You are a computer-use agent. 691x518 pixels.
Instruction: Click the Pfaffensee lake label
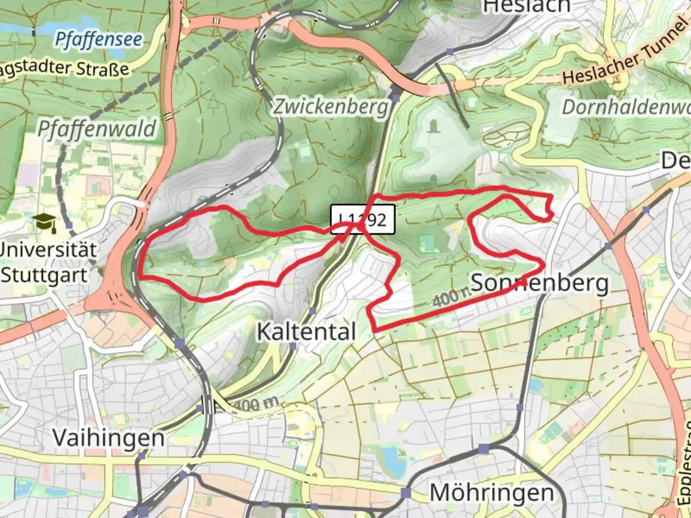point(98,39)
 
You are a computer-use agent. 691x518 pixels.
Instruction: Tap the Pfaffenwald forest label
point(97,129)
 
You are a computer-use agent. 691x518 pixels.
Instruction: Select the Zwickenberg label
point(331,106)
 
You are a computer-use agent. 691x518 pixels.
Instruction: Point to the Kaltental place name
point(307,331)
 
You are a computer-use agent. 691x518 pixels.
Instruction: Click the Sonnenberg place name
point(540,283)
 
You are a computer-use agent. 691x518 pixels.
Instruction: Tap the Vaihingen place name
point(108,437)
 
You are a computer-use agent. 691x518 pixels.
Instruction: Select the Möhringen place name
point(491,493)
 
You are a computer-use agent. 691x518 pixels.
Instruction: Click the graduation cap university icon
point(45,223)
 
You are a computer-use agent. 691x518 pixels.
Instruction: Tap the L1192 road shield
point(363,220)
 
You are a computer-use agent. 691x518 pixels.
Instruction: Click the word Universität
point(48,249)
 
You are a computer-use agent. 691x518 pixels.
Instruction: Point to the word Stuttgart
point(44,275)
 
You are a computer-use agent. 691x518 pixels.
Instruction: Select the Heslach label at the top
point(527,7)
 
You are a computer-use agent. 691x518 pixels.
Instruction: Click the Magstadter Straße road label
point(65,67)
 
